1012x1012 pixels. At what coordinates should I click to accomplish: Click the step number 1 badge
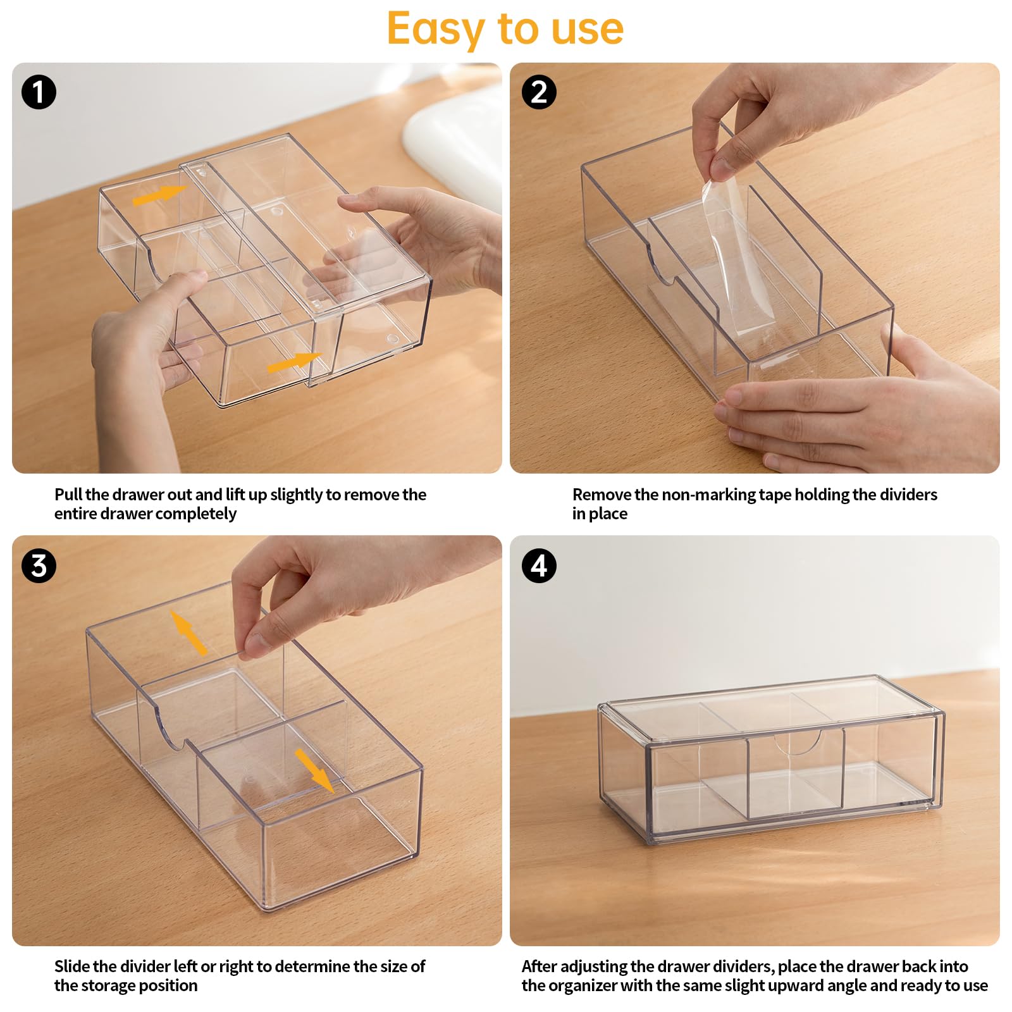[39, 92]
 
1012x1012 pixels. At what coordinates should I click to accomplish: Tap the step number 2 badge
[539, 92]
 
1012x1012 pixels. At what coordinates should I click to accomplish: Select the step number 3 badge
[39, 565]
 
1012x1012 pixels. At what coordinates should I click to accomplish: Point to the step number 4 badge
[539, 565]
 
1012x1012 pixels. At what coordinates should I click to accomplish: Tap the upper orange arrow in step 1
[160, 195]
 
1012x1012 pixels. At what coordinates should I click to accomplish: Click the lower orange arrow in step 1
[295, 362]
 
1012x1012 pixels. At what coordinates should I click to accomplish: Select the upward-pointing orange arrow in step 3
[188, 632]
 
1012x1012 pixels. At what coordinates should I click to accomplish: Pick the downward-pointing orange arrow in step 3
[314, 770]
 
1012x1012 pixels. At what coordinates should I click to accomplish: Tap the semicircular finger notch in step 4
[798, 744]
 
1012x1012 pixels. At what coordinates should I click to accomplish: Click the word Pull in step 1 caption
[68, 494]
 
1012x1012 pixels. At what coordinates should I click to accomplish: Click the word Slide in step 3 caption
[71, 966]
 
